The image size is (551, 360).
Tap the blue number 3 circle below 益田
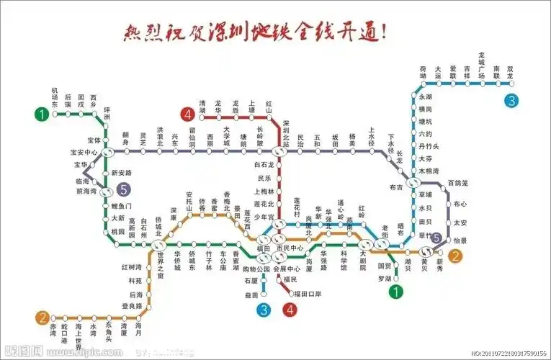click(264, 310)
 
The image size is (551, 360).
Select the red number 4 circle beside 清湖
click(187, 114)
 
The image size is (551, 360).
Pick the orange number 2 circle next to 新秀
click(454, 255)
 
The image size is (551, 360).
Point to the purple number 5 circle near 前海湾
click(123, 189)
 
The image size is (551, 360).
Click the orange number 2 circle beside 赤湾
click(43, 318)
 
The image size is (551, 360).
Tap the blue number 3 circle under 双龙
click(511, 100)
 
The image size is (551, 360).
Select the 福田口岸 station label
click(306, 294)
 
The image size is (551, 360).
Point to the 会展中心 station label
click(287, 269)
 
